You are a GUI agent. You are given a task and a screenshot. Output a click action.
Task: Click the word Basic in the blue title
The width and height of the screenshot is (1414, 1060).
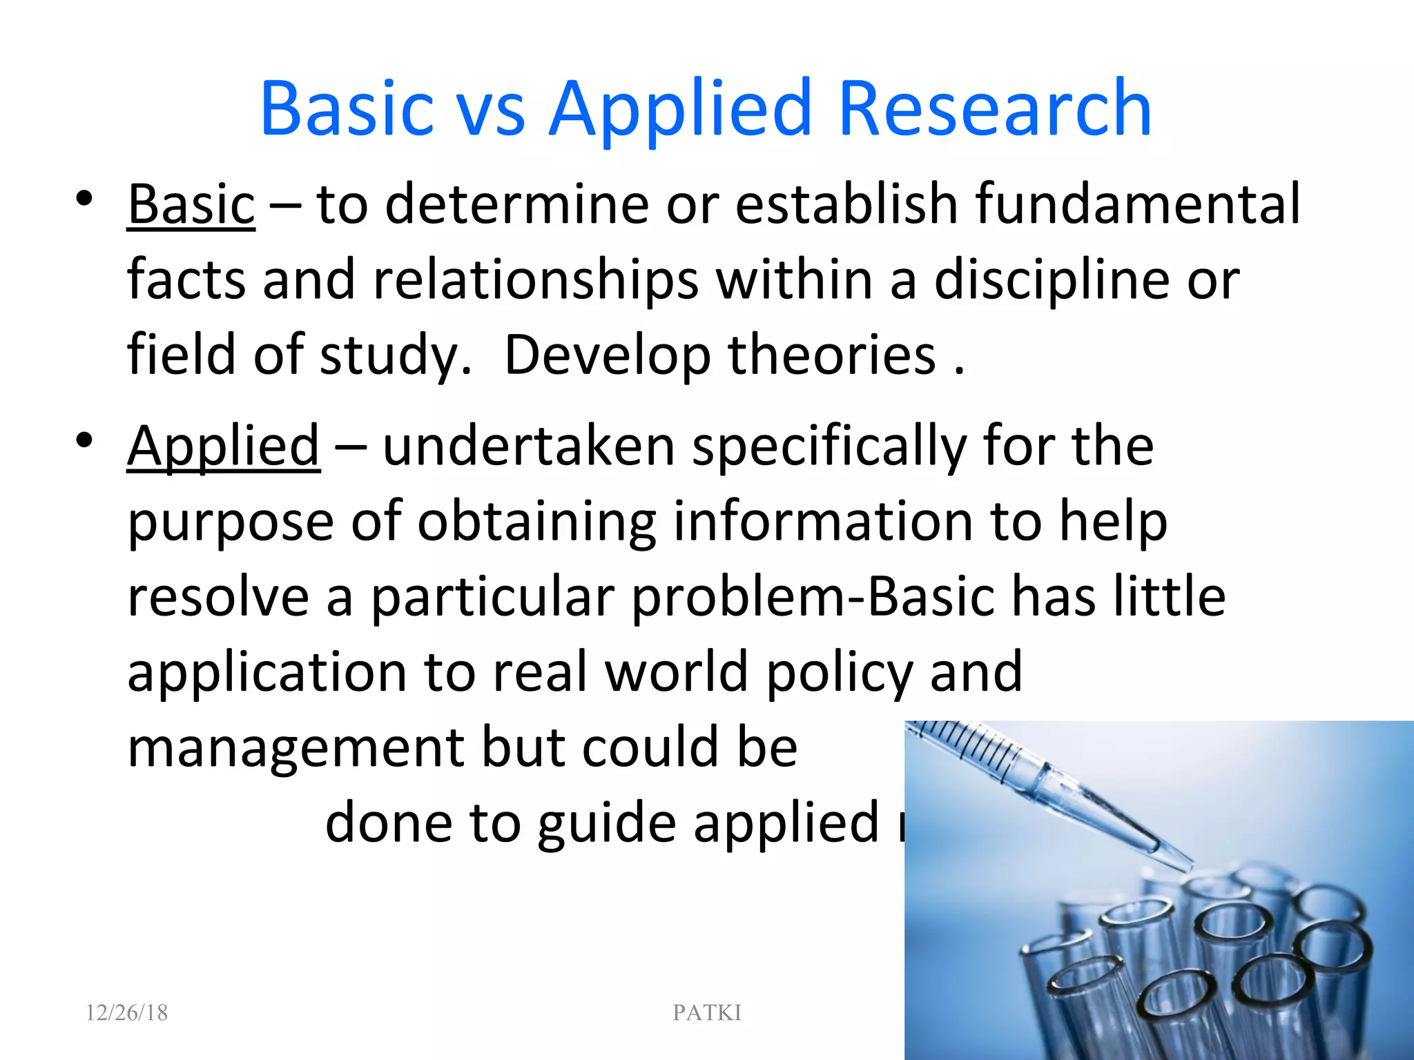[x=347, y=109]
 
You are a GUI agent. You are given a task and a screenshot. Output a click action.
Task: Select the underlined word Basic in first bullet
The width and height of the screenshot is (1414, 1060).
[x=191, y=204]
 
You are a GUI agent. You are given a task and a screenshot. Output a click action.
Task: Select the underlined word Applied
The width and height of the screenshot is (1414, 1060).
[x=223, y=446]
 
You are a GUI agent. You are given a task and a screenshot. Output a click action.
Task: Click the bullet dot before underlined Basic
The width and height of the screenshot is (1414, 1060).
[x=84, y=199]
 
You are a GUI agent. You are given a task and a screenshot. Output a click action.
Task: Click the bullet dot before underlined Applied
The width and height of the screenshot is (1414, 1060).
[x=84, y=441]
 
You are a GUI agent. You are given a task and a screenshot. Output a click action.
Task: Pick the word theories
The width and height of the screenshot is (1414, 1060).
[x=831, y=355]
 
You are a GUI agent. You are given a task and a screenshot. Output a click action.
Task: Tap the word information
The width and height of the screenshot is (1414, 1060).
[x=822, y=522]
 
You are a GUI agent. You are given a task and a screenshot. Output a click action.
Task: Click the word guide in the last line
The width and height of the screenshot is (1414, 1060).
[x=607, y=824]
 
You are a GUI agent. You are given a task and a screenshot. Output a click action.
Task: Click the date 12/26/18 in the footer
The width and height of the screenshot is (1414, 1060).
[x=126, y=1012]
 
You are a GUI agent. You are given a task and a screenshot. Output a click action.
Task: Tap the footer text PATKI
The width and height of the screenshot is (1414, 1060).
[x=706, y=1012]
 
